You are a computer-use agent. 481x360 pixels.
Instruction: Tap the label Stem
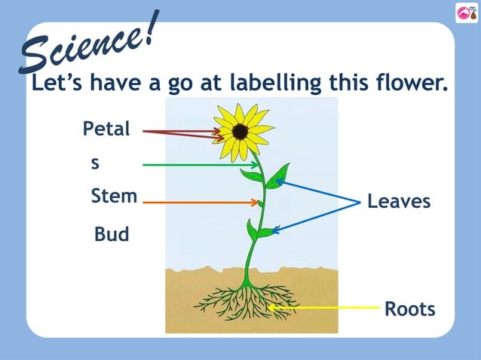(114, 197)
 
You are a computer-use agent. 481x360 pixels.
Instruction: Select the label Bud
(112, 235)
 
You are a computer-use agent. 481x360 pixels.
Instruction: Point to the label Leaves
(399, 202)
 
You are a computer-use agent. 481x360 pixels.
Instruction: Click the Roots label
(410, 310)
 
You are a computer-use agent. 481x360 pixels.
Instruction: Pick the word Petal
(106, 130)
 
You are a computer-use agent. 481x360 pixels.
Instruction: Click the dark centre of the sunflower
(240, 132)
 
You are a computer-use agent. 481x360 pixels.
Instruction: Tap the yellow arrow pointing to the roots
(324, 307)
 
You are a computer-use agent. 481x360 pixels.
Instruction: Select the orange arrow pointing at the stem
(200, 202)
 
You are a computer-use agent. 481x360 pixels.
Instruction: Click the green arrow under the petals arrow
(200, 164)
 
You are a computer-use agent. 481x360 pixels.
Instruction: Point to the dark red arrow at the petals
(181, 133)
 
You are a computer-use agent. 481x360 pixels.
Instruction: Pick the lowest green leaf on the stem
(253, 229)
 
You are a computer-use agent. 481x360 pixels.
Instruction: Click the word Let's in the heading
(57, 84)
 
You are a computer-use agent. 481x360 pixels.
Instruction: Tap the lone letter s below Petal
(95, 163)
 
